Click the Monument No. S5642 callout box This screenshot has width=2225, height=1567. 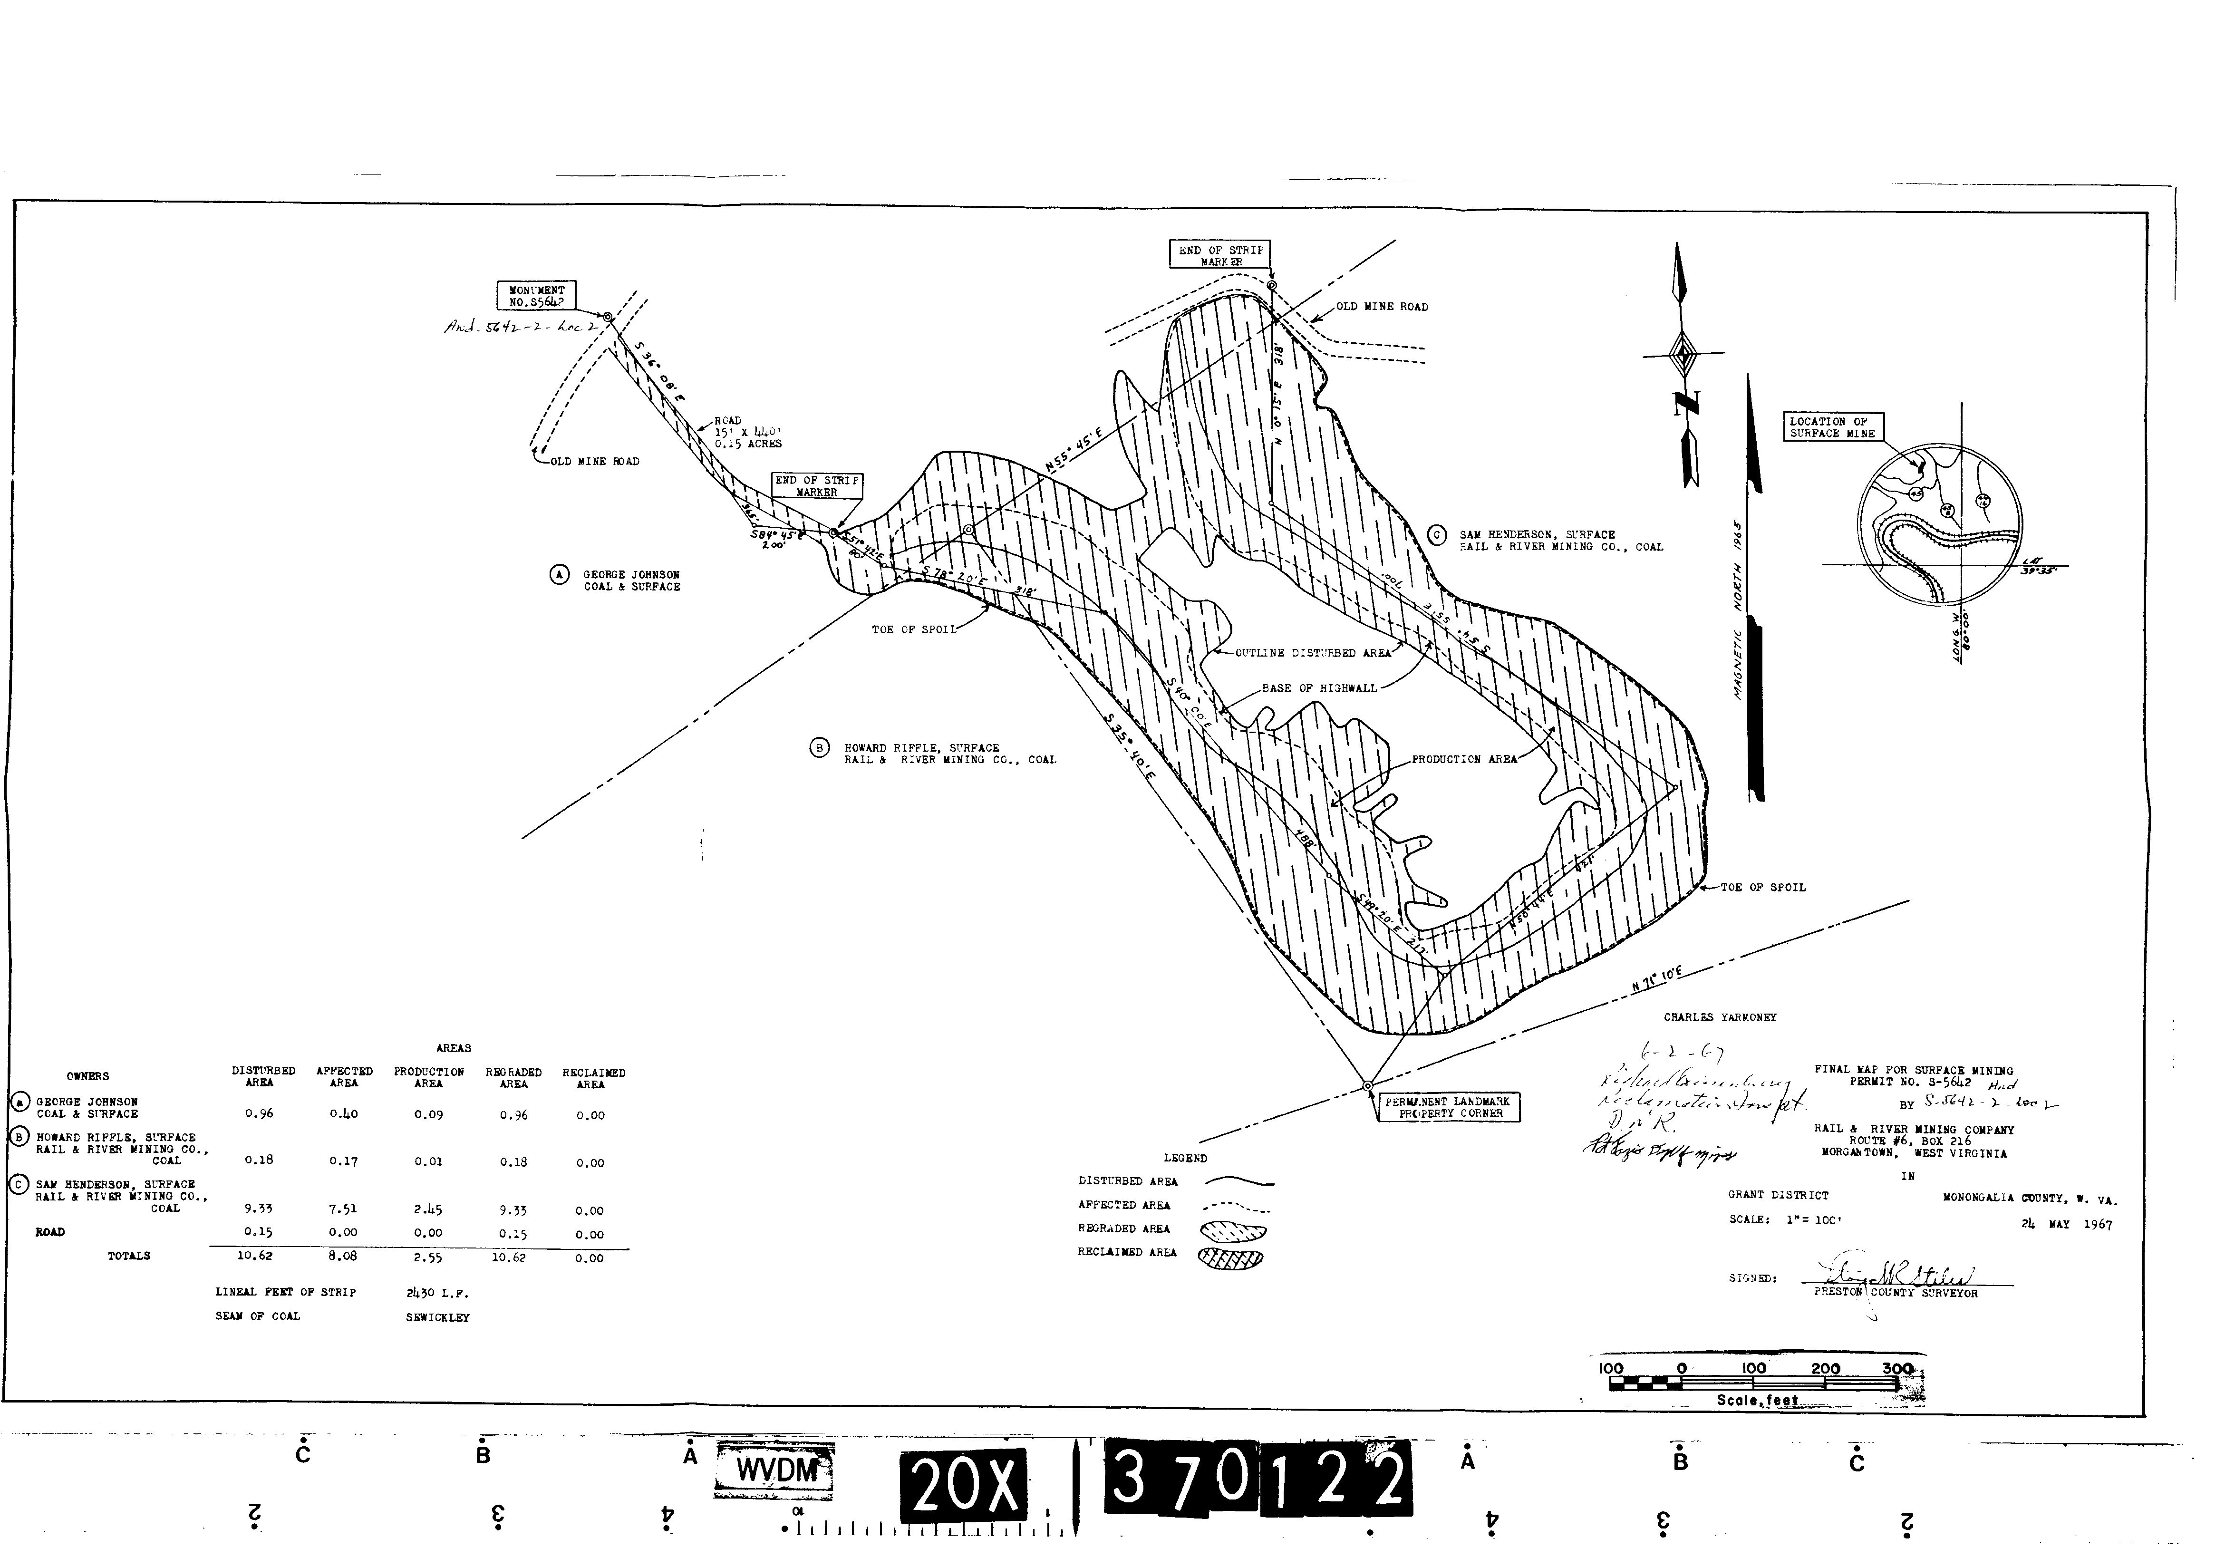[x=536, y=296]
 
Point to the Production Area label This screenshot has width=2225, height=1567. [x=1463, y=760]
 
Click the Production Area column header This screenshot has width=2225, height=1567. [x=428, y=1078]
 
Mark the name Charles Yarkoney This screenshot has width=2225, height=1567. [x=1719, y=1017]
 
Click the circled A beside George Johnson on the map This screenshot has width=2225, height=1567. [x=559, y=575]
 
